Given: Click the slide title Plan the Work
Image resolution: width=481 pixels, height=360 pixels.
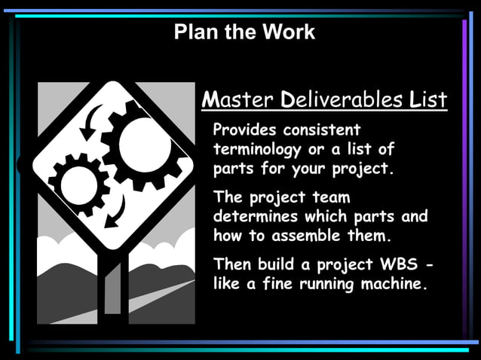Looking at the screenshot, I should coord(244,32).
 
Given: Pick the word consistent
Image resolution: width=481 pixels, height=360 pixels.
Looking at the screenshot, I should coord(332,130).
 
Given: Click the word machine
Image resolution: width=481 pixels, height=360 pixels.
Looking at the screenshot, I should coord(391,285).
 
